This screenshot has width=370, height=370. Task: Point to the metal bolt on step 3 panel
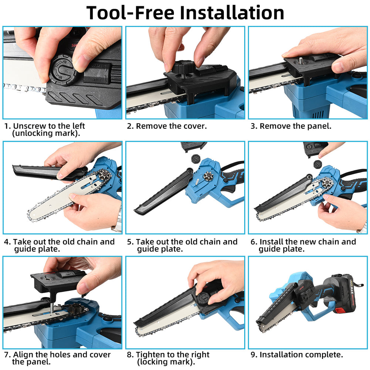(x=300, y=60)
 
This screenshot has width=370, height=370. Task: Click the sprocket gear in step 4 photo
(x=104, y=176)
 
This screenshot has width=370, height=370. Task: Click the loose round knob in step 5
(x=196, y=159)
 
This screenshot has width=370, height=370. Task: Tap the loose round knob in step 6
(x=318, y=164)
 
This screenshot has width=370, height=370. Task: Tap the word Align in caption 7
(x=23, y=355)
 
